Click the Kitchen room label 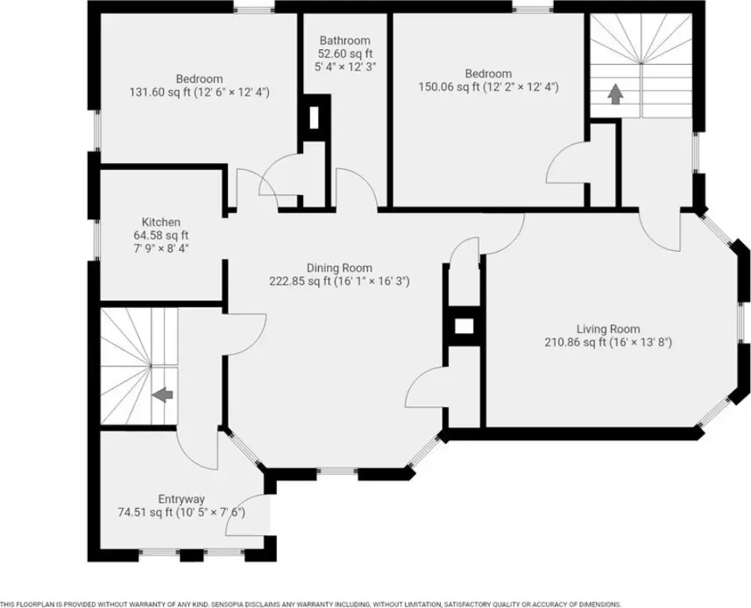[x=161, y=222]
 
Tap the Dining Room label [x=339, y=268]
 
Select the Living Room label [x=608, y=329]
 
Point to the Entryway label [x=181, y=500]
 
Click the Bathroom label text [x=345, y=40]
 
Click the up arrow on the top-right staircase [x=615, y=94]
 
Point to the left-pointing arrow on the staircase [x=162, y=395]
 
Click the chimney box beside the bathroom [x=314, y=118]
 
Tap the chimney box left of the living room [x=464, y=326]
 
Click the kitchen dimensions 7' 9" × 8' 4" [x=161, y=248]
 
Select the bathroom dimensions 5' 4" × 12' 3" [x=345, y=66]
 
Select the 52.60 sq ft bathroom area [x=345, y=54]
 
